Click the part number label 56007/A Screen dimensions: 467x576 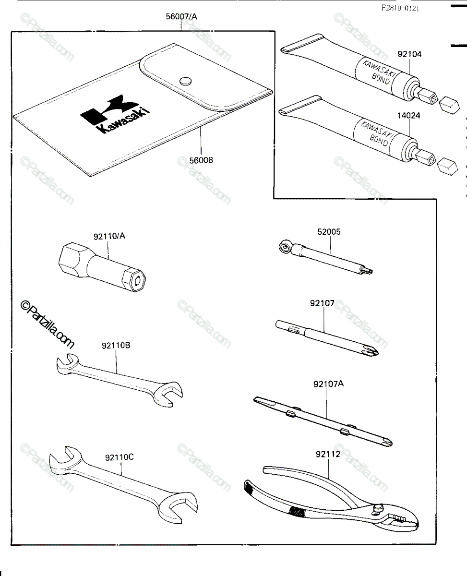click(x=181, y=17)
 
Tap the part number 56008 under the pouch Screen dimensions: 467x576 click(x=201, y=160)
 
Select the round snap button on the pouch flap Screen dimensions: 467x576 click(x=186, y=81)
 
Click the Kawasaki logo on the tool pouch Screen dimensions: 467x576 click(x=115, y=114)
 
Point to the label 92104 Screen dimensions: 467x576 click(x=409, y=54)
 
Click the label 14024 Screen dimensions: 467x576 click(x=408, y=116)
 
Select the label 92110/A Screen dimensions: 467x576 click(x=109, y=236)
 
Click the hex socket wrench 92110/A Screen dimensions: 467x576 click(x=102, y=266)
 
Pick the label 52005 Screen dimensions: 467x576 click(x=329, y=232)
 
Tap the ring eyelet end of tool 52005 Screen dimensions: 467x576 click(x=285, y=247)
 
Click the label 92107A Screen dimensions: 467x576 click(x=329, y=384)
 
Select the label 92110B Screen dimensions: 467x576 click(x=116, y=346)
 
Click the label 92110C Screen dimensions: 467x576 click(x=120, y=457)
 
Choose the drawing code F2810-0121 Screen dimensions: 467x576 click(x=400, y=8)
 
